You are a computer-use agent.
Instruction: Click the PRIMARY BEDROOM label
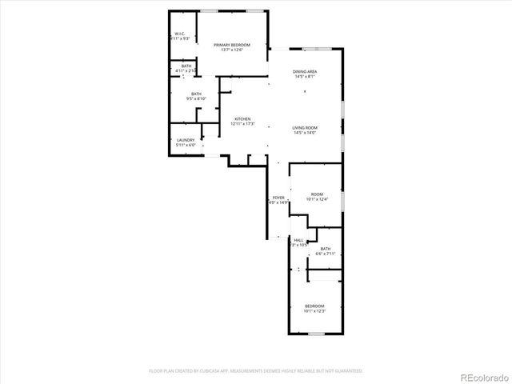[x=232, y=45]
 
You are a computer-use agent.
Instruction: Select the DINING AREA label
[x=305, y=72]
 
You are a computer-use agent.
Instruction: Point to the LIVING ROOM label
[x=305, y=128]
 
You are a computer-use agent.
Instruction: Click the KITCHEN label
[x=242, y=119]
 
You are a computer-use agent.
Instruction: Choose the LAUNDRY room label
[x=186, y=140]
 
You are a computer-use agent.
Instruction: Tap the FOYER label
[x=278, y=198]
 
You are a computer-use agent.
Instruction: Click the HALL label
[x=298, y=240]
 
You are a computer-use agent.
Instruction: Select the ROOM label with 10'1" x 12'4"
[x=317, y=194]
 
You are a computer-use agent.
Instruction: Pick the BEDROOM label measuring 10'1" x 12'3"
[x=314, y=306]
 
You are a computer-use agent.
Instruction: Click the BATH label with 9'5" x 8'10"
[x=196, y=94]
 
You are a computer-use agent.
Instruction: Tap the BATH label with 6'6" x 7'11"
[x=326, y=250]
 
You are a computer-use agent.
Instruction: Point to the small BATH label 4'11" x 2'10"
[x=186, y=66]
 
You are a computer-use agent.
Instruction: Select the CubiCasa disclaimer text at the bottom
[x=256, y=371]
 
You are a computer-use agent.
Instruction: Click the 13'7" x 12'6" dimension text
[x=232, y=50]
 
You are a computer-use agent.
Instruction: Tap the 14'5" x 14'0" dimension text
[x=305, y=133]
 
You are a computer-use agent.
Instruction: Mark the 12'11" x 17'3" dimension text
[x=242, y=124]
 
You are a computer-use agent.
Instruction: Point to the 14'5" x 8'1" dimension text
[x=305, y=77]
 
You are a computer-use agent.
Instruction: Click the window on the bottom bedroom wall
[x=314, y=334]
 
